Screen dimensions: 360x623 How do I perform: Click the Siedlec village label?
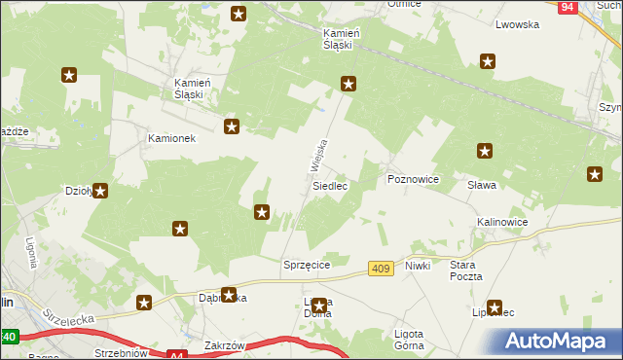pyautogui.click(x=330, y=185)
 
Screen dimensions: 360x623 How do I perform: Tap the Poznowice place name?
pyautogui.click(x=414, y=180)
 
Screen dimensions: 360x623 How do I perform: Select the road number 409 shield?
pyautogui.click(x=382, y=268)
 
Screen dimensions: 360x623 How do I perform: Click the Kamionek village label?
pyautogui.click(x=171, y=138)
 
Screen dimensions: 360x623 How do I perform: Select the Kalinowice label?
pyautogui.click(x=502, y=222)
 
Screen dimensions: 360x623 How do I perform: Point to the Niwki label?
pyautogui.click(x=418, y=265)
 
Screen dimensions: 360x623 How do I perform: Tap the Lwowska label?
pyautogui.click(x=517, y=24)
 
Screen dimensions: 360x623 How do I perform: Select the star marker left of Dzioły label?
pyautogui.click(x=100, y=191)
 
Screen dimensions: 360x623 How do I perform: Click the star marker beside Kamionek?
pyautogui.click(x=232, y=126)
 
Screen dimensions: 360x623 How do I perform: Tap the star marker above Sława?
pyautogui.click(x=485, y=151)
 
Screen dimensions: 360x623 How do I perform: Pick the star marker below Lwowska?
pyautogui.click(x=488, y=61)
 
